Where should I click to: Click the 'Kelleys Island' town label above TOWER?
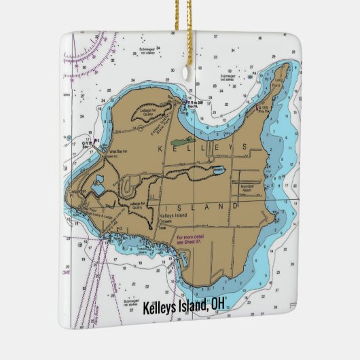click(x=171, y=216)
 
